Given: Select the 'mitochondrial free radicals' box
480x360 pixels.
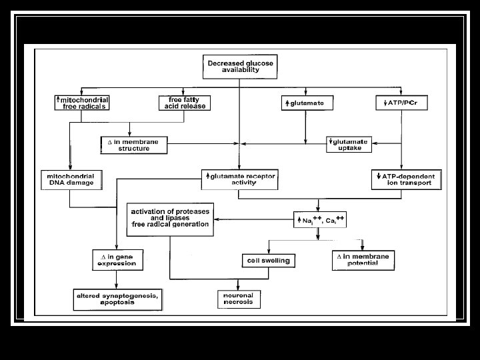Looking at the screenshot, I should pos(82,103).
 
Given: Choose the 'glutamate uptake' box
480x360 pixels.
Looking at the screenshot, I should pos(348,144).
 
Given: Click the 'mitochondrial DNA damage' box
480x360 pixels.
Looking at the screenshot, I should pos(70,179).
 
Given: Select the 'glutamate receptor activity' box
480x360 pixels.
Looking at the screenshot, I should pos(239,179).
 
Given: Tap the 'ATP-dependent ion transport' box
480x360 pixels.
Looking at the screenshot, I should pos(406,179).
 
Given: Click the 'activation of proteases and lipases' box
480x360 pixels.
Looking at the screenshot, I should pos(170,218).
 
